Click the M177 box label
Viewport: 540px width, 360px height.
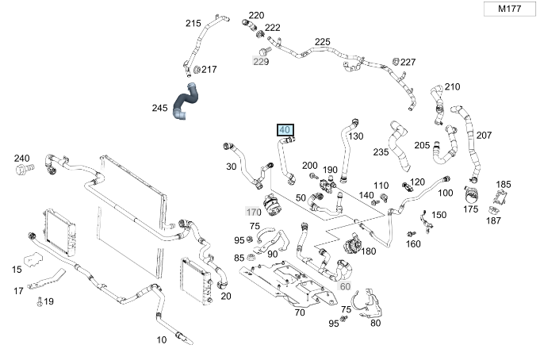pos(509,9)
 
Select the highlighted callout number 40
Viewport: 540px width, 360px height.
pos(285,130)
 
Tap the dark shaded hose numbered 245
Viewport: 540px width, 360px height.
pos(186,102)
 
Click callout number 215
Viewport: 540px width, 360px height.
pos(193,24)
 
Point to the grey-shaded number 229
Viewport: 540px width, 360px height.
pos(261,62)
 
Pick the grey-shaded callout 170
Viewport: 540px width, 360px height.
pos(253,212)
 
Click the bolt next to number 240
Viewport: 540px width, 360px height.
pos(25,169)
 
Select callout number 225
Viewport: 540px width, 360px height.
pos(323,42)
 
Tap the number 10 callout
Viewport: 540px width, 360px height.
pos(162,340)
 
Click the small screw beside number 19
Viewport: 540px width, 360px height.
pos(40,302)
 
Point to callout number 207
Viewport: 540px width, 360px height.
pos(484,136)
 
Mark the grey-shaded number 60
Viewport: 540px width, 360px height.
pos(345,286)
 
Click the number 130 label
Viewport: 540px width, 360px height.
pos(355,136)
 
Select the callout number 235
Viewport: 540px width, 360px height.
pos(381,152)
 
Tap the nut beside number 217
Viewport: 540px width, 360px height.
pos(197,69)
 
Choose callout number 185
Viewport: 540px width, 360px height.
pos(504,185)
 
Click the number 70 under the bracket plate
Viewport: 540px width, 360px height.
pos(300,312)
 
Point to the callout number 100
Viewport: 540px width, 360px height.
pos(446,193)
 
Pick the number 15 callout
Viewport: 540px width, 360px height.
pos(17,270)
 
